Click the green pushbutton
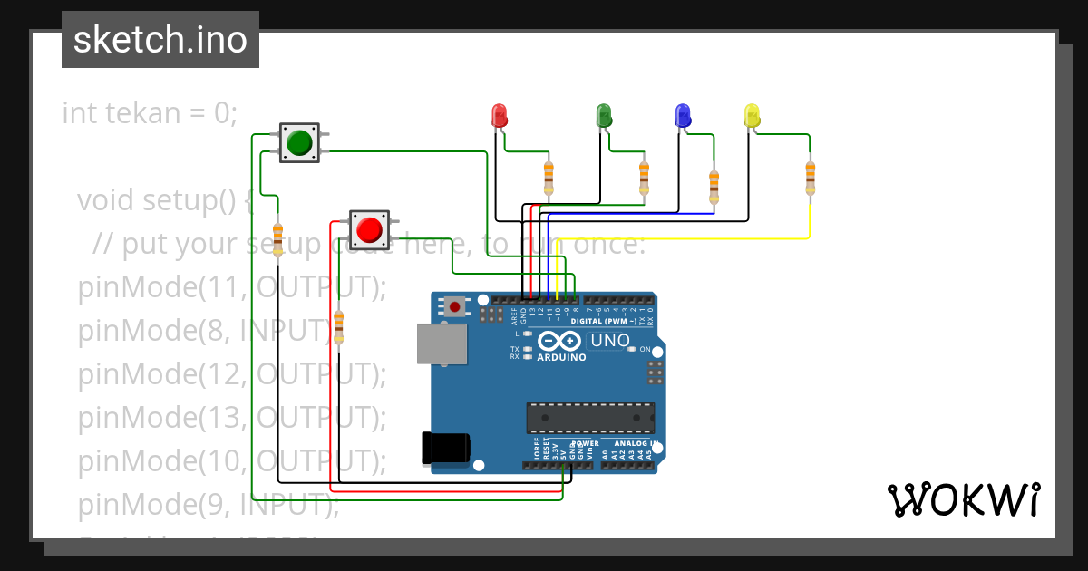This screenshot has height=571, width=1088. [299, 143]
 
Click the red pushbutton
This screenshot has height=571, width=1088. [369, 229]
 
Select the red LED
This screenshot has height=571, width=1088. [499, 116]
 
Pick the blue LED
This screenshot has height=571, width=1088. [683, 116]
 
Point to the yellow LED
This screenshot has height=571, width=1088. [752, 116]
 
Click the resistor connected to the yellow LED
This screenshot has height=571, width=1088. [810, 178]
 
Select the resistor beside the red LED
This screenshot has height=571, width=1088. [549, 178]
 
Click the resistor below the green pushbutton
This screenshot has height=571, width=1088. [277, 239]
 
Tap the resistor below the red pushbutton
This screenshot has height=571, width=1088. [339, 327]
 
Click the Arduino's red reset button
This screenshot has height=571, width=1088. [454, 307]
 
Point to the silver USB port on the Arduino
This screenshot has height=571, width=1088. [442, 344]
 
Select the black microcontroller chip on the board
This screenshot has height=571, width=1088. [590, 418]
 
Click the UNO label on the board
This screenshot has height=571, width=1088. [609, 341]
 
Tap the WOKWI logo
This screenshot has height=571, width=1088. [963, 499]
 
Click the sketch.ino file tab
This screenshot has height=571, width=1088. [160, 40]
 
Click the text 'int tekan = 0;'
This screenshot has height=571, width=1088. [150, 113]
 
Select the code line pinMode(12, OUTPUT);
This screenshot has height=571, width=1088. [232, 373]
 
